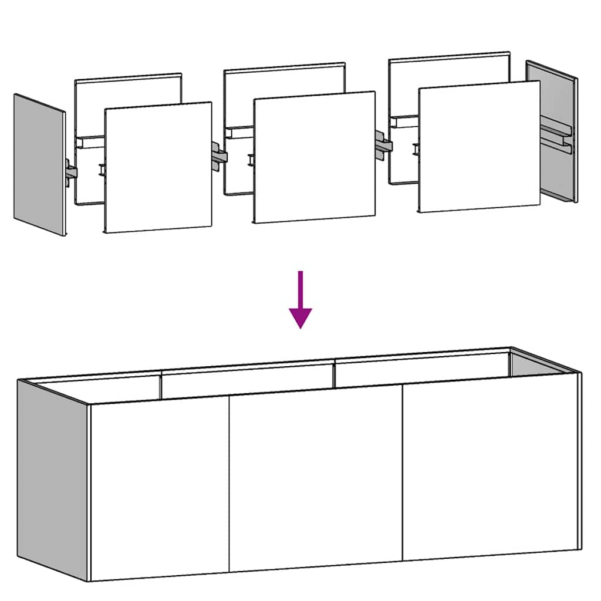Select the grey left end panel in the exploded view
tap(39, 164)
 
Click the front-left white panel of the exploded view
tap(158, 167)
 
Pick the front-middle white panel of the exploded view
tap(314, 157)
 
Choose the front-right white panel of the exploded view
tap(479, 147)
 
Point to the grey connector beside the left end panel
tap(70, 173)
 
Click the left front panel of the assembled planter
tap(158, 487)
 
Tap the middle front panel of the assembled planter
tap(315, 478)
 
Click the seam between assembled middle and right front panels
tap(402, 472)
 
